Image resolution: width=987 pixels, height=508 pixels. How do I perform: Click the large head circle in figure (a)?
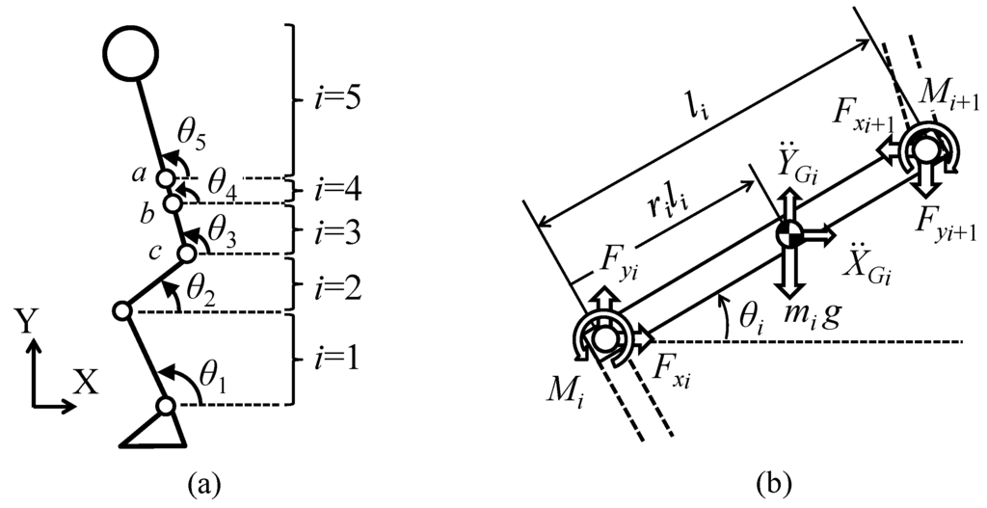132,54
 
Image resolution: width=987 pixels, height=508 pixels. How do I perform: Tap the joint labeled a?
167,179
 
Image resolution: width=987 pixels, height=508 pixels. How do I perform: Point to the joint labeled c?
186,254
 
